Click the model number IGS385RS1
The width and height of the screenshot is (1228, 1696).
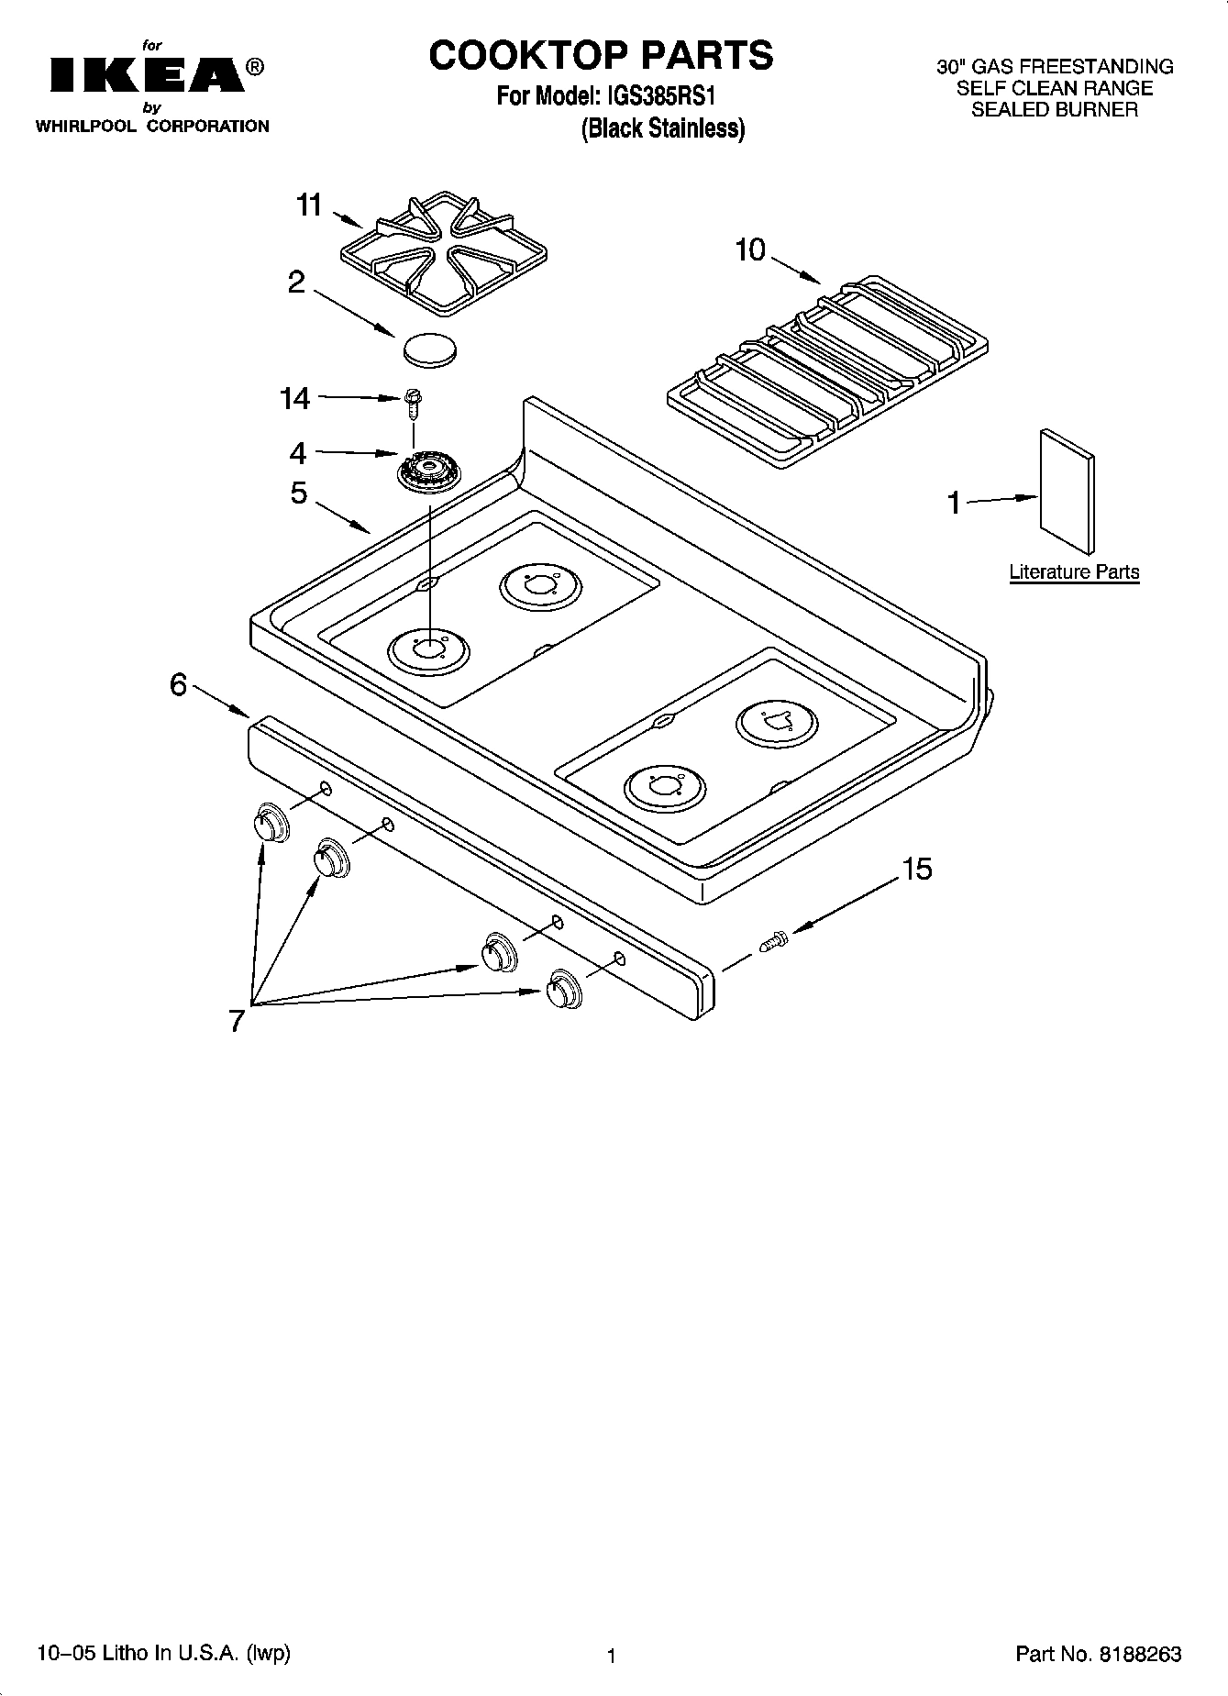pyautogui.click(x=655, y=96)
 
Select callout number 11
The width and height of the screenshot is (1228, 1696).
pyautogui.click(x=309, y=205)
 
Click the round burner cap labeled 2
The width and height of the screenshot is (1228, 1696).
pyautogui.click(x=429, y=349)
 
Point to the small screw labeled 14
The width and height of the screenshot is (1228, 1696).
pyautogui.click(x=414, y=402)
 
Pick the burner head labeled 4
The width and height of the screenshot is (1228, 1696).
pyautogui.click(x=428, y=473)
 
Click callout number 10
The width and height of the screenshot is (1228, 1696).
pyautogui.click(x=749, y=249)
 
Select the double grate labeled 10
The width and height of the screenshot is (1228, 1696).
pyautogui.click(x=828, y=370)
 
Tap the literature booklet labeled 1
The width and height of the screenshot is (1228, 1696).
pyautogui.click(x=1067, y=491)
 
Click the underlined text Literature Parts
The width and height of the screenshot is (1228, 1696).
pyautogui.click(x=1074, y=572)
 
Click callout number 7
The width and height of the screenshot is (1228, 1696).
pyautogui.click(x=237, y=1021)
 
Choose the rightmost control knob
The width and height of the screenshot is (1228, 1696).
pyautogui.click(x=562, y=989)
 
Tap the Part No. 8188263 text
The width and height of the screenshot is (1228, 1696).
pyautogui.click(x=1098, y=1654)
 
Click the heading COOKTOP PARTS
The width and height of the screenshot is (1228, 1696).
pyautogui.click(x=602, y=55)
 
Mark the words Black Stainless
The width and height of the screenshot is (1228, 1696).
pyautogui.click(x=663, y=128)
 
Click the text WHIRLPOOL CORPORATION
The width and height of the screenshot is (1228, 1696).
pyautogui.click(x=152, y=127)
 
